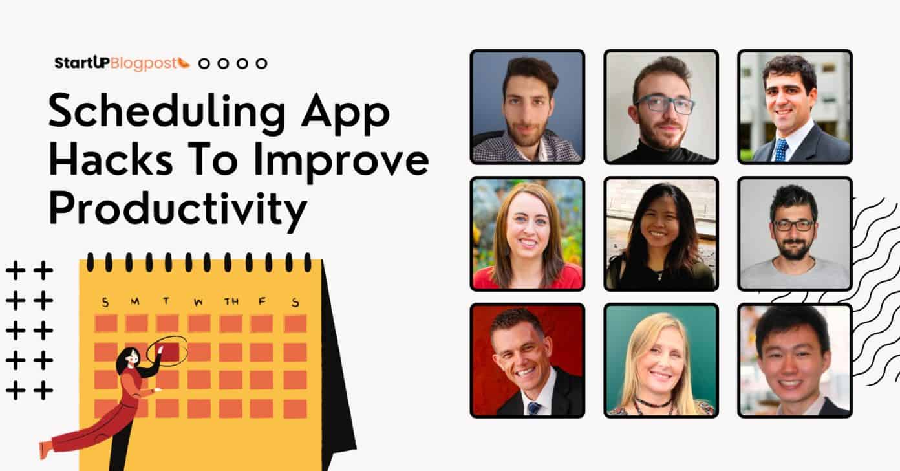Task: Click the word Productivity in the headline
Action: [x=178, y=208]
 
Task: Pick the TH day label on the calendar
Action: [x=230, y=301]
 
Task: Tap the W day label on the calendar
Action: [x=198, y=301]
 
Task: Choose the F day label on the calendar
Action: [x=262, y=301]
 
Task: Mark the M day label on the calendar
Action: [x=135, y=301]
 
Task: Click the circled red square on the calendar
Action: [x=169, y=352]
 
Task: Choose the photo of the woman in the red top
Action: [x=527, y=234]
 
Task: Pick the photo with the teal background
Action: [x=661, y=360]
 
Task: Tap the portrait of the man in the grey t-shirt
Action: [x=795, y=234]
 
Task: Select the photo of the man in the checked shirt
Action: [x=527, y=107]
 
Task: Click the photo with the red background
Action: [x=527, y=360]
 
